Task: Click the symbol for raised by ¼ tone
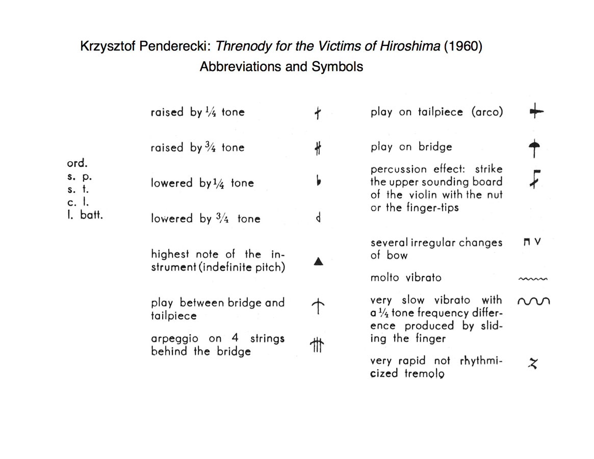tap(318, 113)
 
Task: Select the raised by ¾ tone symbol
tap(318, 148)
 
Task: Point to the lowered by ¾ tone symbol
tap(318, 219)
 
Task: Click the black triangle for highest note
tap(318, 262)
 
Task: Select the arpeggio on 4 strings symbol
tap(317, 345)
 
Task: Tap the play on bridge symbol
tap(534, 148)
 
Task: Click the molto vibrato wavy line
tap(533, 278)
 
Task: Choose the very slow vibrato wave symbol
tap(534, 301)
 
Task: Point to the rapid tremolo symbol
tap(533, 363)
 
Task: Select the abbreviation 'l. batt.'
tap(85, 215)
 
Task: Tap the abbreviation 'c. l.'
tap(78, 202)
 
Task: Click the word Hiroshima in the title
tap(410, 46)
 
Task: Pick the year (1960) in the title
tap(463, 46)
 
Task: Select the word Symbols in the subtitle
tap(338, 67)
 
